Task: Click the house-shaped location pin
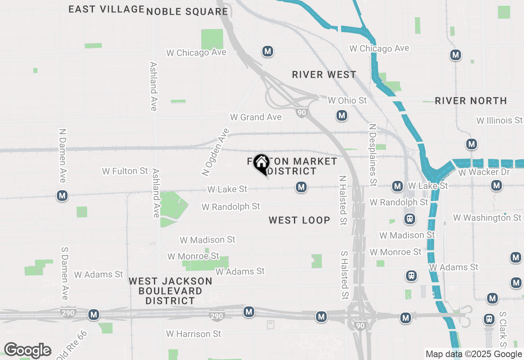(261, 164)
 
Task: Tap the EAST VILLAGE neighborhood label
(106, 9)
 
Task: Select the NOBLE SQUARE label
(187, 11)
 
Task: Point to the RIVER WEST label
(324, 74)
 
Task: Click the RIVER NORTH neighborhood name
(471, 101)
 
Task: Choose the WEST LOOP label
(299, 220)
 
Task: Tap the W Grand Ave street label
(256, 117)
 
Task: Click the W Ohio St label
(348, 100)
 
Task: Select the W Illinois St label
(499, 120)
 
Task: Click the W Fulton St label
(125, 171)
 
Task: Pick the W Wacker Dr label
(484, 172)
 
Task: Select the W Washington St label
(487, 218)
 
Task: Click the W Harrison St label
(194, 334)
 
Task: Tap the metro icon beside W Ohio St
(342, 116)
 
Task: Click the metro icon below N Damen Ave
(62, 196)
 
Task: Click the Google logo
(27, 351)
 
